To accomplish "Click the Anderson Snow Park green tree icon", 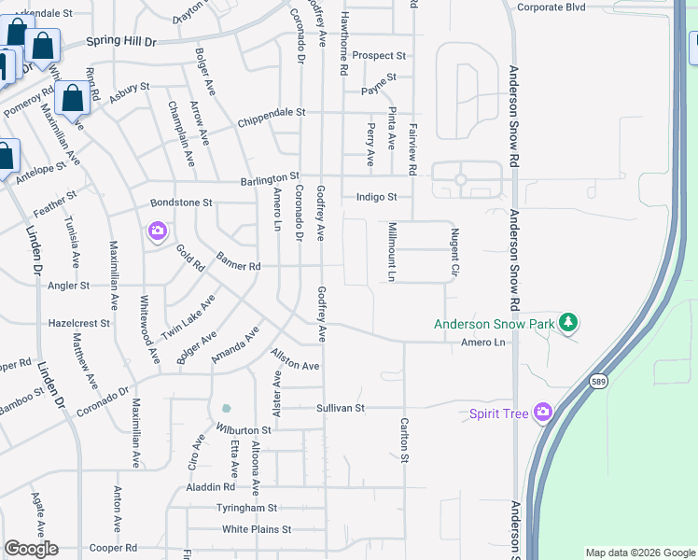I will click(x=567, y=324).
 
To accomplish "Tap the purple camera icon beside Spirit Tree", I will click(x=543, y=413).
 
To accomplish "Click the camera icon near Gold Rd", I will click(x=157, y=231).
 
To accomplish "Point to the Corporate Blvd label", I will click(x=551, y=7).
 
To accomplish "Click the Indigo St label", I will click(x=377, y=197).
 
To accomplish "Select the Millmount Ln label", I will click(x=392, y=253).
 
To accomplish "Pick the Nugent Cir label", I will click(x=455, y=252).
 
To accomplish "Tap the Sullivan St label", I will click(x=339, y=408).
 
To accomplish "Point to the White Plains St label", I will click(x=257, y=529).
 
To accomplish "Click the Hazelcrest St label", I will click(x=79, y=323).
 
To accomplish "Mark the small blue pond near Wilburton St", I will click(x=226, y=408).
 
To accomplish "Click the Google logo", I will click(x=31, y=549).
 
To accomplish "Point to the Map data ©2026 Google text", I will click(x=640, y=553).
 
